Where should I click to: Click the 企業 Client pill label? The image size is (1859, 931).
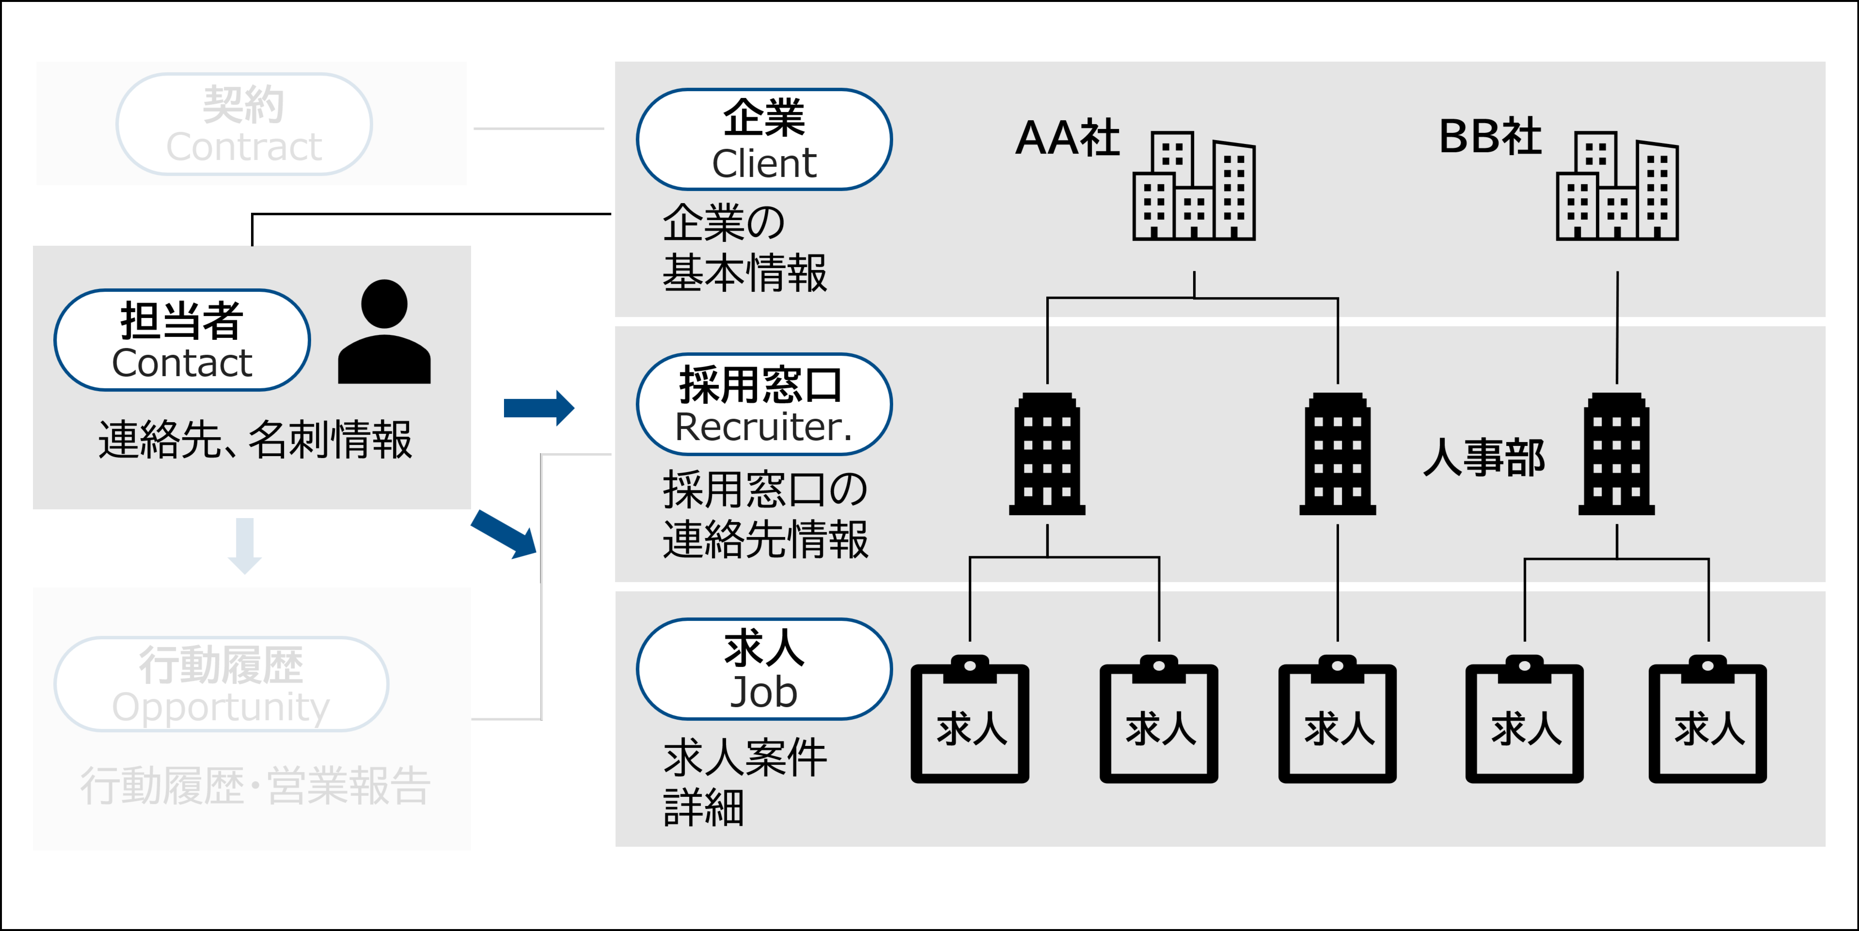(x=764, y=139)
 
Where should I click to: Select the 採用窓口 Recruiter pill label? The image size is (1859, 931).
(x=764, y=404)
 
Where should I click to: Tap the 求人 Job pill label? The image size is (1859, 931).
(x=764, y=669)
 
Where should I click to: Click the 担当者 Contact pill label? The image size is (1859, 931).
(x=182, y=340)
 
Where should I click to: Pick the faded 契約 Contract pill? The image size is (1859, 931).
(x=244, y=124)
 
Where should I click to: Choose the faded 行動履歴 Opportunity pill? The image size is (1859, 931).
(x=221, y=684)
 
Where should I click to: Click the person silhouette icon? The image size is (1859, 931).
(x=384, y=332)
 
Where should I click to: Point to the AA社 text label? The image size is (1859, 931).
(x=1067, y=138)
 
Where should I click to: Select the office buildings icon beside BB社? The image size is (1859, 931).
(x=1617, y=186)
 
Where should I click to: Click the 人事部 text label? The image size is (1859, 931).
(x=1484, y=458)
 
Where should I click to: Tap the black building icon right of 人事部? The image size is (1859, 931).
(x=1617, y=454)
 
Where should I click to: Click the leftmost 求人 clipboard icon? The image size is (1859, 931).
(x=970, y=720)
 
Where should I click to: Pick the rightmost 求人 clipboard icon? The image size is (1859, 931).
(x=1707, y=720)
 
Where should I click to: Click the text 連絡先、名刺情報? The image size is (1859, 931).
(x=255, y=440)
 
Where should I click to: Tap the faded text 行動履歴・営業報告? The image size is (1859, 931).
(x=255, y=785)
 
